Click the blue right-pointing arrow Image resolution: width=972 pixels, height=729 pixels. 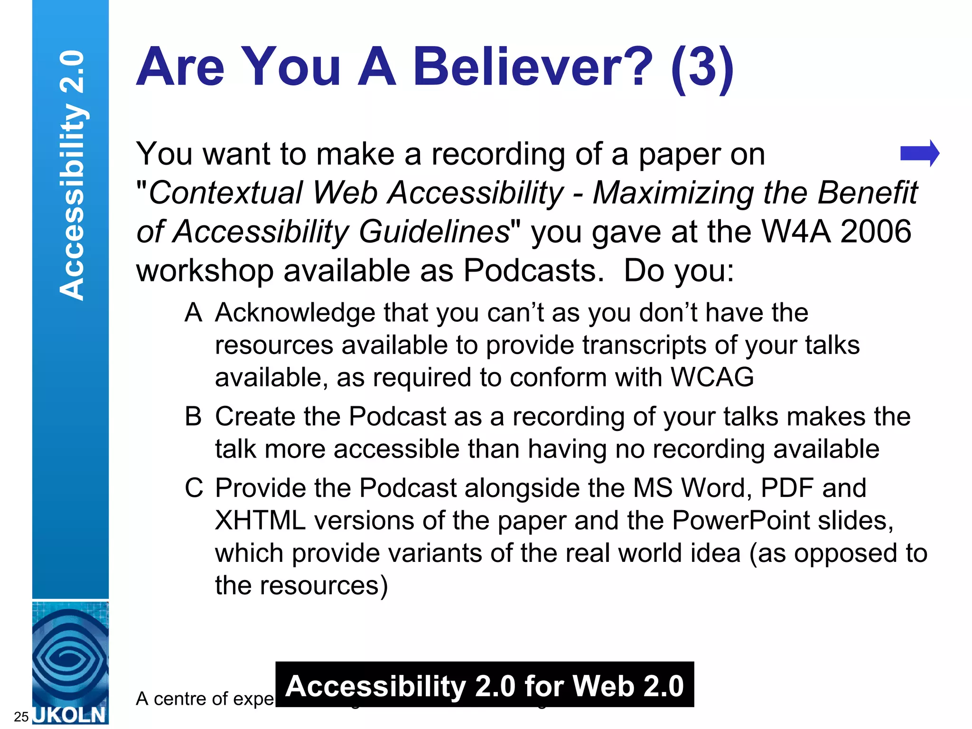tap(919, 153)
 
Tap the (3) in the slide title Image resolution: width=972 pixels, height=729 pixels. tap(702, 68)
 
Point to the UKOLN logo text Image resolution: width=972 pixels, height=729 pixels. tap(70, 715)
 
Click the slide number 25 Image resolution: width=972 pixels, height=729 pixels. tap(21, 717)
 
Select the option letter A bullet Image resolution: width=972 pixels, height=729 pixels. tap(193, 313)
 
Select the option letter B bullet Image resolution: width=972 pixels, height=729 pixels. tap(193, 416)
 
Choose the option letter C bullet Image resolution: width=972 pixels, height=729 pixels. tap(194, 488)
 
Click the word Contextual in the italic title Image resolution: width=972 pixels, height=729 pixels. tap(225, 193)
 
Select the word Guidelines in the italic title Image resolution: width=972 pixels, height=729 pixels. tap(434, 232)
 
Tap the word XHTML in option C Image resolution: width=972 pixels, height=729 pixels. tap(260, 521)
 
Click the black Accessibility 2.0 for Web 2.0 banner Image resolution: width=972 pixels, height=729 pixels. tap(484, 685)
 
